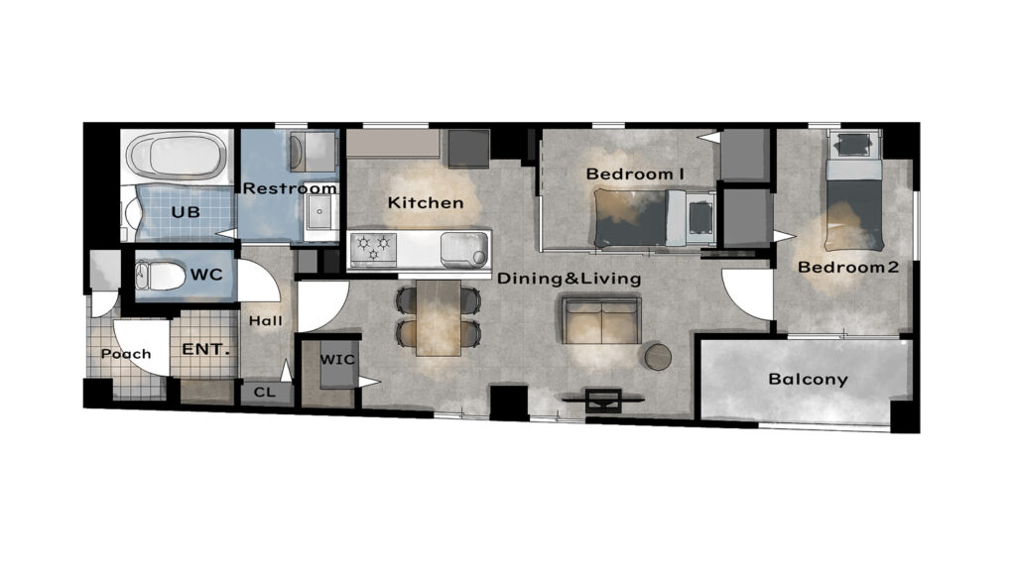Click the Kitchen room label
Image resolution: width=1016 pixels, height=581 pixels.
[x=426, y=202]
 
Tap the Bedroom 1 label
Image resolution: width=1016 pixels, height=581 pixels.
[x=635, y=174]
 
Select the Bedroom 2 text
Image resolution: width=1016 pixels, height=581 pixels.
[x=848, y=267]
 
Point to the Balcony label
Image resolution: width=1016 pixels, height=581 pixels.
[x=808, y=379]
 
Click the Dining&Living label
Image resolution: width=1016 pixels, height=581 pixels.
[x=569, y=280]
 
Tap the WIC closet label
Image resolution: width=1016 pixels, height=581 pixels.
[x=337, y=359]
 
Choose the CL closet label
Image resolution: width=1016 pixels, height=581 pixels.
[x=264, y=392]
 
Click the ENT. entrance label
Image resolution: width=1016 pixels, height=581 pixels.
[x=206, y=350]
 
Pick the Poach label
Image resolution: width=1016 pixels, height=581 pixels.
[x=126, y=354]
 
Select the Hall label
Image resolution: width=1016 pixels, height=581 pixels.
[x=266, y=320]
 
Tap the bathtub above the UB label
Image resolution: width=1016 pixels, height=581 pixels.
[x=177, y=155]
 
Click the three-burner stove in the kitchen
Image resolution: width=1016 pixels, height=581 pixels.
[x=373, y=249]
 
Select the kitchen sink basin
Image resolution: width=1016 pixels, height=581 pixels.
[x=464, y=249]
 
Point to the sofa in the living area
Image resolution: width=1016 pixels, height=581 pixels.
[x=601, y=320]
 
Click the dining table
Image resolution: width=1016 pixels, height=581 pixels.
[x=439, y=318]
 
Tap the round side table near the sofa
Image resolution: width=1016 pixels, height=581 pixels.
[x=659, y=357]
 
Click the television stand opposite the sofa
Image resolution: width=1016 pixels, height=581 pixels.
[x=603, y=401]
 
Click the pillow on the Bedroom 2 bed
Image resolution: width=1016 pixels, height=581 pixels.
[x=854, y=171]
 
